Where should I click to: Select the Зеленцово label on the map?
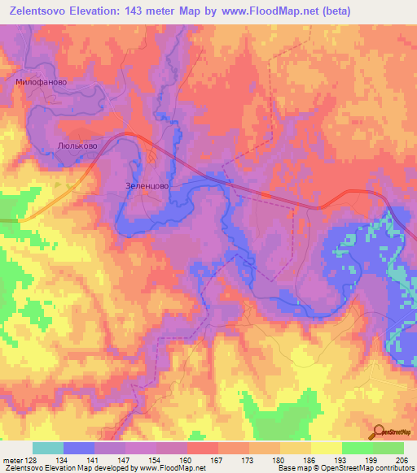tap(147, 185)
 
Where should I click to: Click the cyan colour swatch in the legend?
tap(47, 448)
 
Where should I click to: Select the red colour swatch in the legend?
tap(201, 448)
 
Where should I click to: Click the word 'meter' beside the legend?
tap(12, 460)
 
